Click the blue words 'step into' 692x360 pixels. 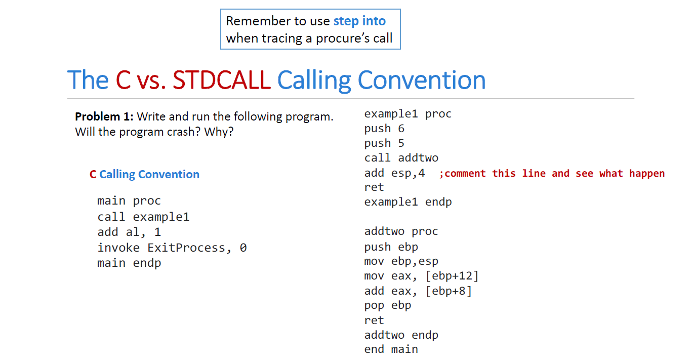[359, 21]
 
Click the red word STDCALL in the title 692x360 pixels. [222, 80]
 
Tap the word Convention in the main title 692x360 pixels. [422, 80]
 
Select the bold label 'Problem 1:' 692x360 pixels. [104, 116]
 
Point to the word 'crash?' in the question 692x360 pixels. [185, 132]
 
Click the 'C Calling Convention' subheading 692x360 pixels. [145, 174]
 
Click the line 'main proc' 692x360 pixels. [129, 201]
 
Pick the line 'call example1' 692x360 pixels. [143, 217]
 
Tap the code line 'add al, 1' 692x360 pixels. [129, 232]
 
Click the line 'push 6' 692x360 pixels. [384, 128]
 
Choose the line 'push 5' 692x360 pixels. [384, 143]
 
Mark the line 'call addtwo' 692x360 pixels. [401, 158]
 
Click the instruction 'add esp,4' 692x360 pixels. [395, 173]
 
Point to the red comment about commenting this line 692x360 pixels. [552, 173]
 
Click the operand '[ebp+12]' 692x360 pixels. [452, 275]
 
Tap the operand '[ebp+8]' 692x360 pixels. [449, 291]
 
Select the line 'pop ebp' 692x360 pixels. [388, 305]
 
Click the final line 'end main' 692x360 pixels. [391, 349]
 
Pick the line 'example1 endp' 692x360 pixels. [408, 202]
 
